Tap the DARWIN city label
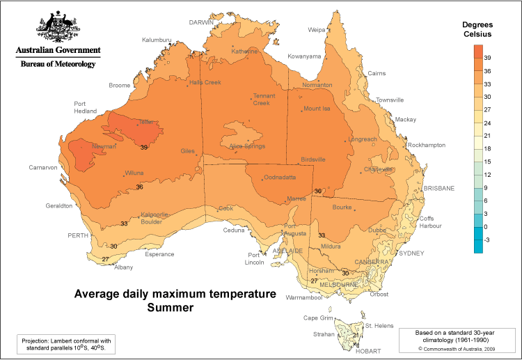(201, 22)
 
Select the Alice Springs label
(248, 146)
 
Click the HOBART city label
(367, 352)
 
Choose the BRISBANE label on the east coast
(439, 188)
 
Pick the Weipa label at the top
(317, 30)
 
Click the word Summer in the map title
(170, 306)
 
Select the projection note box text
(65, 344)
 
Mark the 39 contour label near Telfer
(144, 148)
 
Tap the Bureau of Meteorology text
(58, 63)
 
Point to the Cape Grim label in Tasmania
(317, 318)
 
